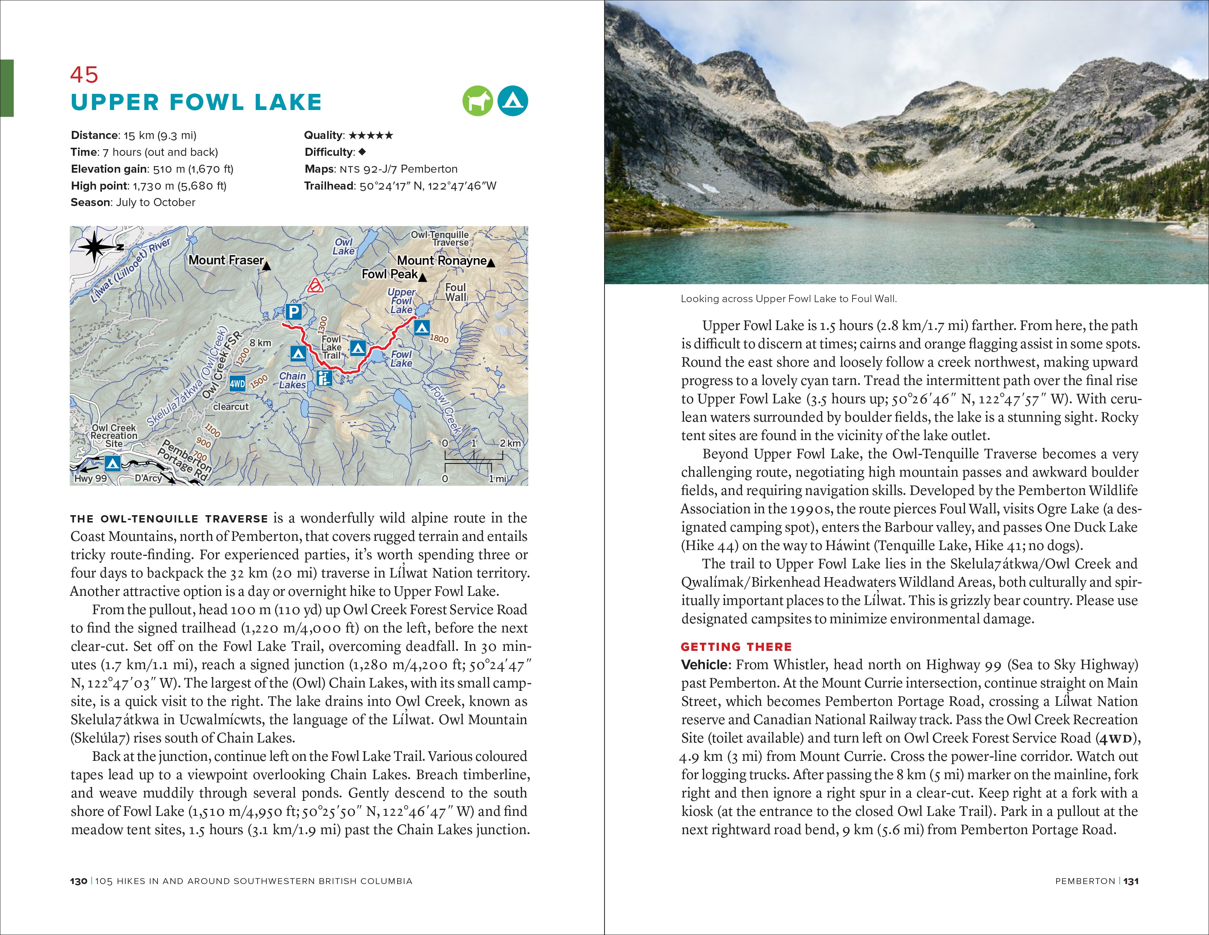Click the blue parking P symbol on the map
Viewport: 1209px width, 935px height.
pos(294,312)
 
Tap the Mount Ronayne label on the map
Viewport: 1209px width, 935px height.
pos(442,260)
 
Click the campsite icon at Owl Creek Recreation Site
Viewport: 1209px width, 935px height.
pos(112,463)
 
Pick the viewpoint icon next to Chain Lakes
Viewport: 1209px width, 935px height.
pos(324,378)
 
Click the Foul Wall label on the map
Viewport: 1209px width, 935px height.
pos(456,292)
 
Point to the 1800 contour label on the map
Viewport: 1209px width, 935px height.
pos(439,338)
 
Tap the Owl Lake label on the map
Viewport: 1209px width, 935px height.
pos(343,246)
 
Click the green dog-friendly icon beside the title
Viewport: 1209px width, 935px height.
pos(477,101)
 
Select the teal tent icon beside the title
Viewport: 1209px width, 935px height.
pos(513,101)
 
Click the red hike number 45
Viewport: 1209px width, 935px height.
pos(84,75)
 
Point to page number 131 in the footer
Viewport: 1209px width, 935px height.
pos(1131,881)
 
